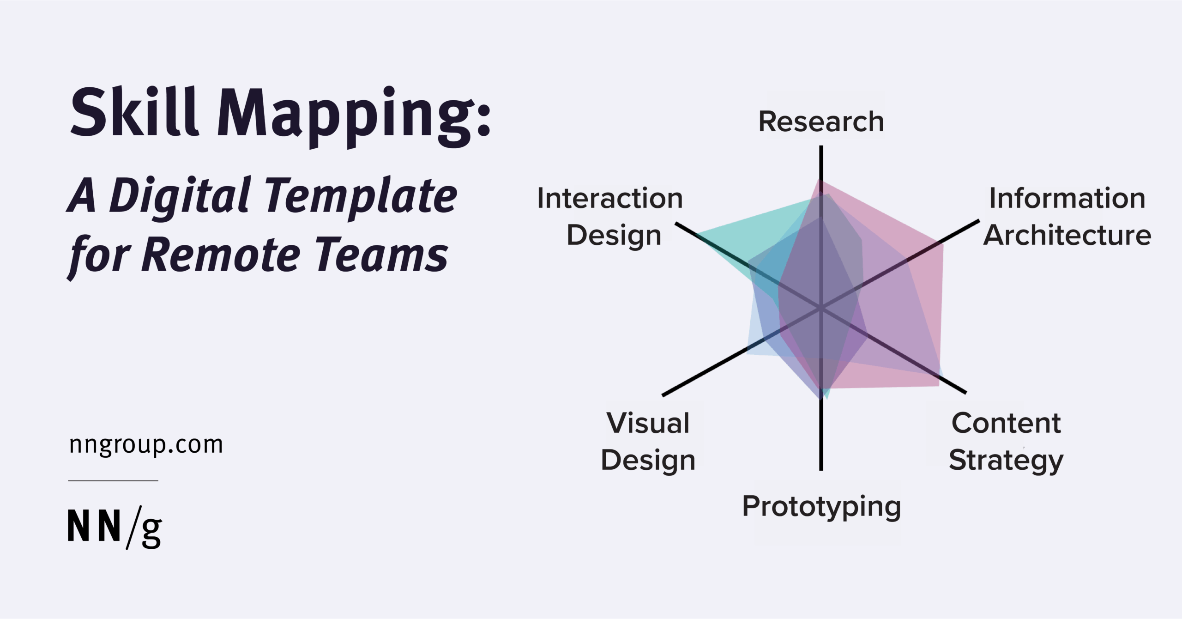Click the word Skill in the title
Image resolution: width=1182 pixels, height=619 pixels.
tap(134, 113)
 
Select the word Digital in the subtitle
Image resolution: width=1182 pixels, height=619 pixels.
tap(181, 196)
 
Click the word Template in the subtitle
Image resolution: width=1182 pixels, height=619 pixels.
tap(360, 196)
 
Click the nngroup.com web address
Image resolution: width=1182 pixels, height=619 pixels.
tap(146, 445)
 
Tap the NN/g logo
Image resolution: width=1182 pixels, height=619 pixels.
tap(115, 527)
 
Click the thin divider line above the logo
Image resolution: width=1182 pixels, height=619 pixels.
tap(113, 481)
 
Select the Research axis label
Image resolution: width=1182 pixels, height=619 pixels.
tap(821, 121)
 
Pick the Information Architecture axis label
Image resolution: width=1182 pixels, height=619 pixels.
tap(1067, 217)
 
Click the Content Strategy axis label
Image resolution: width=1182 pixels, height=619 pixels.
tap(1006, 442)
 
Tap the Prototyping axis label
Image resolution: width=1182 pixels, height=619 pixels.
tap(821, 506)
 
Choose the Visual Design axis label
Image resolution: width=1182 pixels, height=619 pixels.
tap(648, 442)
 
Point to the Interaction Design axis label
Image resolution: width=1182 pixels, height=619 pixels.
tap(610, 217)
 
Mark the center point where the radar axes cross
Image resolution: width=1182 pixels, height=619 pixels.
tap(821, 308)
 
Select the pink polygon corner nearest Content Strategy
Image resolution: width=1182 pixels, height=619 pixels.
tap(938, 385)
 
